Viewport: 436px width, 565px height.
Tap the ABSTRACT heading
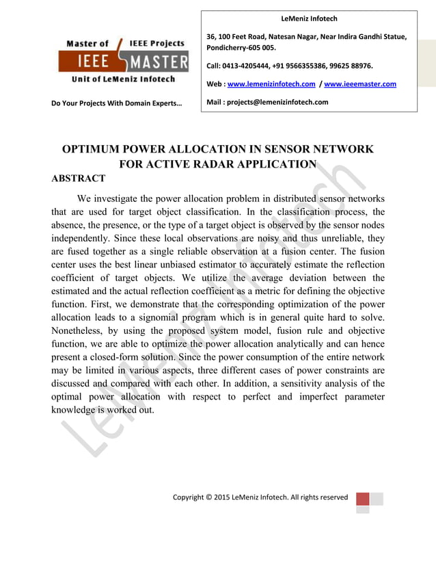click(x=79, y=179)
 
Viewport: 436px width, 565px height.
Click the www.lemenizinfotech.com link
click(x=271, y=84)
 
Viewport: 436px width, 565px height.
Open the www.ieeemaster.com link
click(x=360, y=84)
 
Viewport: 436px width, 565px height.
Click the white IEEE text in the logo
click(x=85, y=63)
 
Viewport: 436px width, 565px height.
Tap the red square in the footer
click(x=362, y=498)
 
